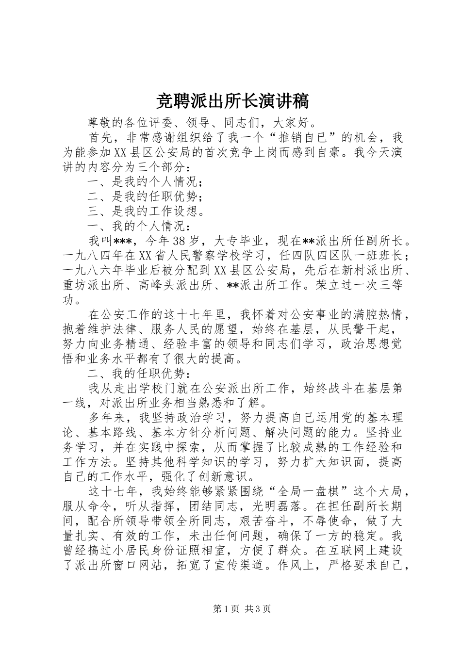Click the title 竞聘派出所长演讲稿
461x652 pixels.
pyautogui.click(x=230, y=101)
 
